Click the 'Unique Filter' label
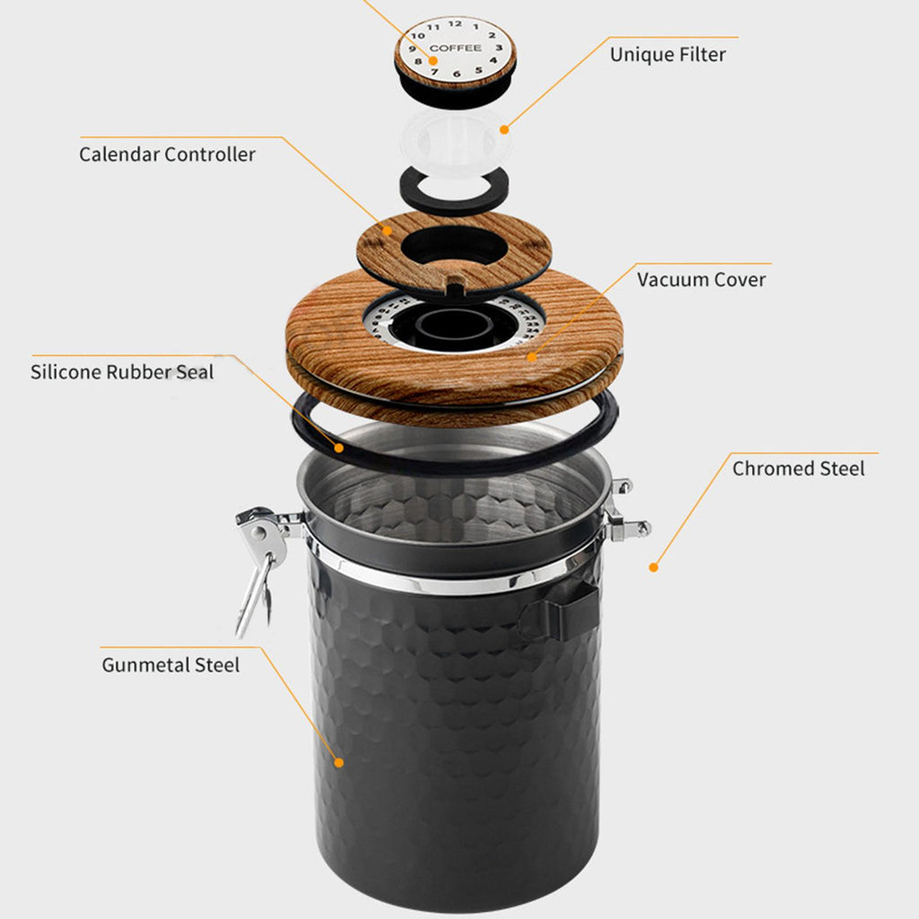(668, 55)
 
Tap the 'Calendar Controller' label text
(167, 154)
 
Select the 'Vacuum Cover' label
(701, 280)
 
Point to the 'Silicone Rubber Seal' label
(122, 372)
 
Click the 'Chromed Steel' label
(798, 468)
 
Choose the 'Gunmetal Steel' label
(171, 665)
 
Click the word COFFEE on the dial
(455, 48)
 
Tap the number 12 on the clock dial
(455, 23)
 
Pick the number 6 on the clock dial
(457, 74)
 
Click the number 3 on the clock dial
(499, 48)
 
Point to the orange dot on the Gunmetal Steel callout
(338, 763)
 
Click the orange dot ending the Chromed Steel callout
(653, 567)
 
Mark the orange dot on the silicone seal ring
(338, 449)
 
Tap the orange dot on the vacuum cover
(531, 357)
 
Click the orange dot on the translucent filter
(504, 129)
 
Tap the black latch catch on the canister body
(560, 609)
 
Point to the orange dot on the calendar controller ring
(387, 231)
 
